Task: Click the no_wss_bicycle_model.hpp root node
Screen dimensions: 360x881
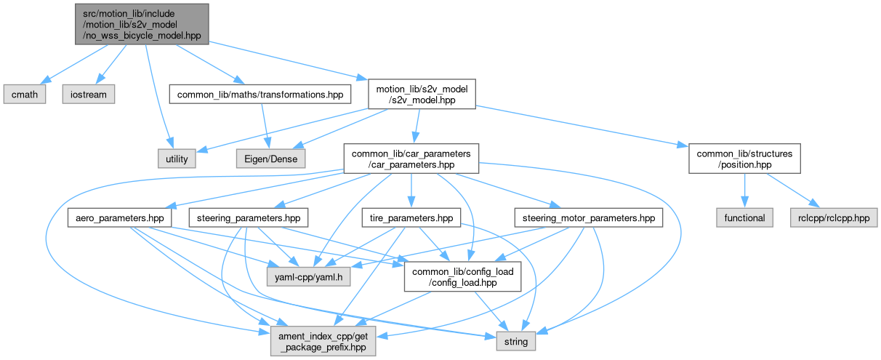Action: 141,23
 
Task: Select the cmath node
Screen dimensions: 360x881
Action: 25,94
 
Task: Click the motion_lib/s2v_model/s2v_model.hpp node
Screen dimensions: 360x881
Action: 422,94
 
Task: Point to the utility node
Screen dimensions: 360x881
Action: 177,158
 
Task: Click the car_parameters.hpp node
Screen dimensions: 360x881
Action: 411,158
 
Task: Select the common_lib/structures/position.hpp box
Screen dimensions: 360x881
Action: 744,158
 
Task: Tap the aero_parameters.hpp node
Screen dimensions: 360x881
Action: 120,217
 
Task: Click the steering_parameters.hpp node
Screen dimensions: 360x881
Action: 248,217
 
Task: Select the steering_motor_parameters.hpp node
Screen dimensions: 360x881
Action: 588,217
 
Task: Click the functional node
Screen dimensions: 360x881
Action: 744,217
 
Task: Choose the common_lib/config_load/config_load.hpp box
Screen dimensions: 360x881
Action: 463,277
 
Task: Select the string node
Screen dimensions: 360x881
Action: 516,340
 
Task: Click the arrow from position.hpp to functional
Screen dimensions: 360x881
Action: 744,191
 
